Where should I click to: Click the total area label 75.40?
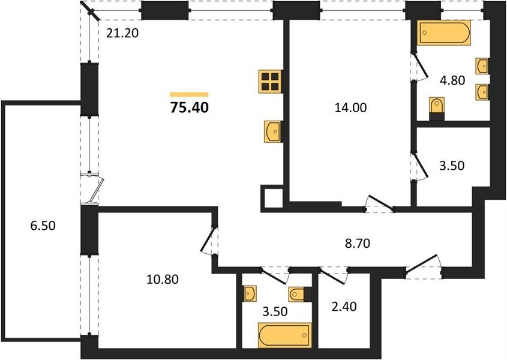189,107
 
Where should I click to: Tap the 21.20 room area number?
122,32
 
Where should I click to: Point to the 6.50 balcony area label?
43,225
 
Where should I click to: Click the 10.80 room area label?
163,279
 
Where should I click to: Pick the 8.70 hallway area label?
357,243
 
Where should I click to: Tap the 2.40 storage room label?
344,306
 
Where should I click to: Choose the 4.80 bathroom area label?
452,80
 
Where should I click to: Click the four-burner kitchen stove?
271,82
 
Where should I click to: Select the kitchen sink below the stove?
272,131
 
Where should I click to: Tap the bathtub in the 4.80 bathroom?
443,32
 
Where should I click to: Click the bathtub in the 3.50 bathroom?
284,335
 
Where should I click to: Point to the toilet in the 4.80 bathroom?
437,109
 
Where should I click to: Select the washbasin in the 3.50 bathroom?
250,293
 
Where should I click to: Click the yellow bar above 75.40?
189,94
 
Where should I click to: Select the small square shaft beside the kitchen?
272,198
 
